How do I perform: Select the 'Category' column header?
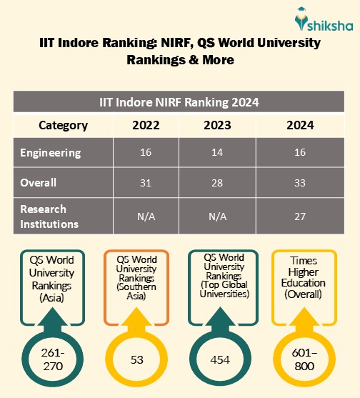[63, 126]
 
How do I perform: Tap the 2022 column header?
[146, 126]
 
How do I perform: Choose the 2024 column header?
[300, 126]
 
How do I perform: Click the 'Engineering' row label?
[51, 153]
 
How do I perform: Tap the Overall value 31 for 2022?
[146, 182]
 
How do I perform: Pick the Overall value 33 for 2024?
[300, 182]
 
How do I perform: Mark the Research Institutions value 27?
[300, 215]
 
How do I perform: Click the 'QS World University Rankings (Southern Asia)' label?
[136, 278]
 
